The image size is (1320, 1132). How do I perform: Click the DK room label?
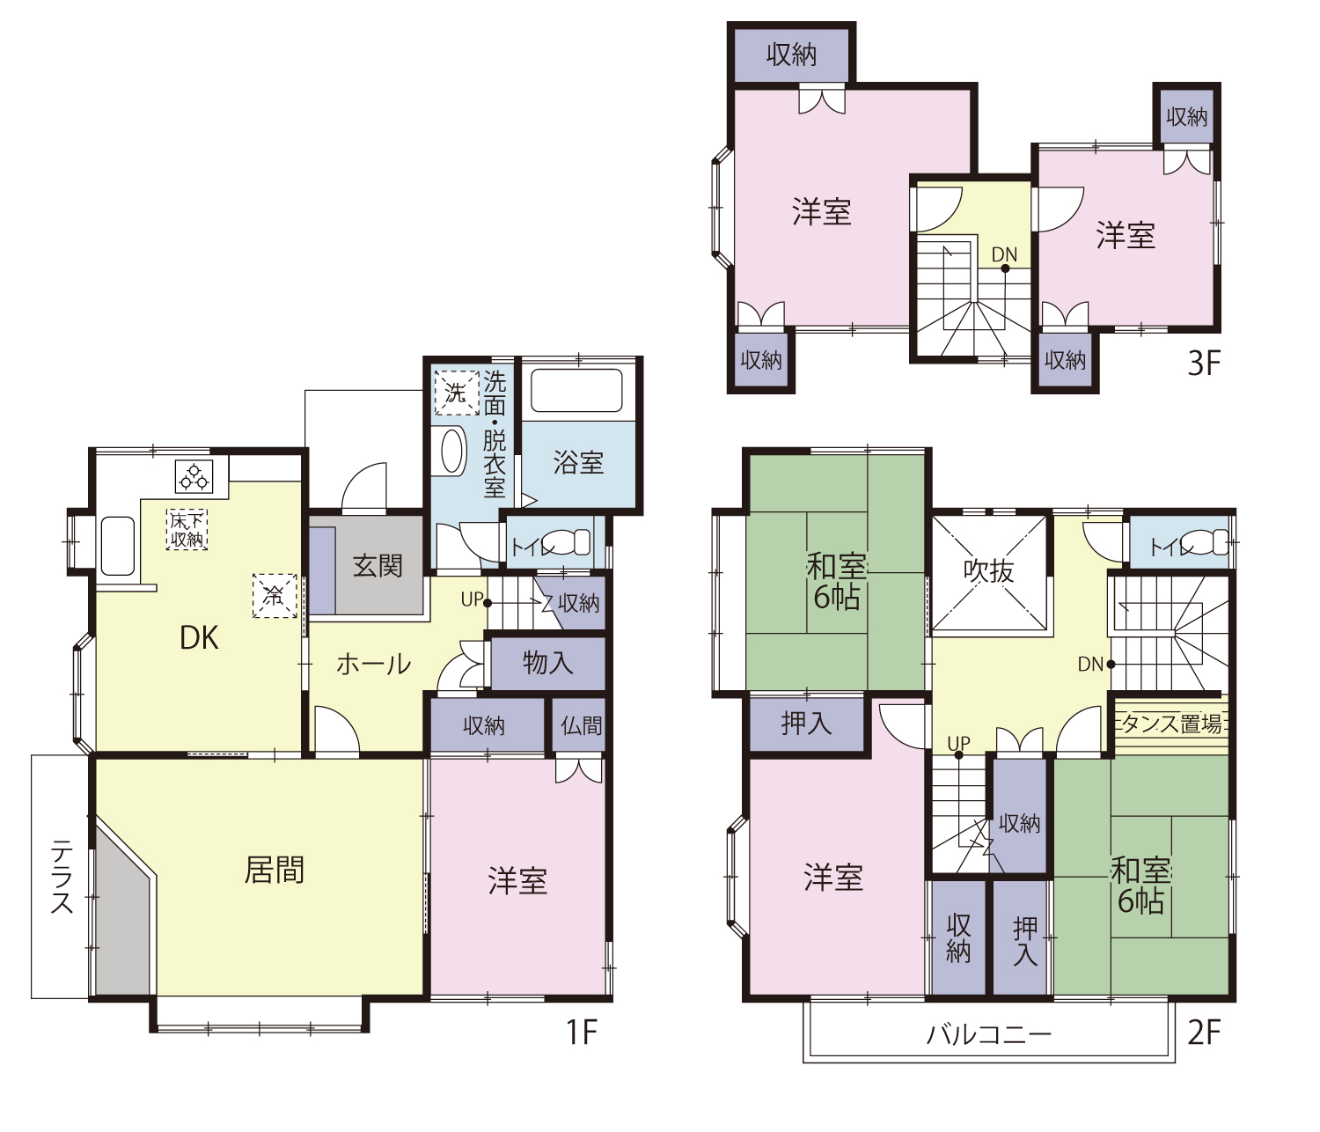(x=199, y=637)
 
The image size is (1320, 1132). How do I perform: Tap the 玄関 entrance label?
(x=378, y=565)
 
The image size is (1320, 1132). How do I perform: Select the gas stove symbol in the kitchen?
(x=194, y=477)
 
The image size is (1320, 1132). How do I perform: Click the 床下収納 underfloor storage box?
(x=187, y=530)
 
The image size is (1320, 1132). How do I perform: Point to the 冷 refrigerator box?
(x=275, y=597)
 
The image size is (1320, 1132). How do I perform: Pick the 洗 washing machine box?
(x=457, y=393)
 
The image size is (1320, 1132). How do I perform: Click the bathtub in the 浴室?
(x=576, y=390)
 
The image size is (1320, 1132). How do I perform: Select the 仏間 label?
(x=581, y=725)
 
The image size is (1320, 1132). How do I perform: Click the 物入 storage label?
(x=547, y=663)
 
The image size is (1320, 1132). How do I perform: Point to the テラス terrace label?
(x=62, y=877)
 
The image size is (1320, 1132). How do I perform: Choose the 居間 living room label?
(x=275, y=870)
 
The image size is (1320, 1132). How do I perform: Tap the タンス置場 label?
(x=1172, y=724)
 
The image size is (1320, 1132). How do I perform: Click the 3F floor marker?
(x=1204, y=364)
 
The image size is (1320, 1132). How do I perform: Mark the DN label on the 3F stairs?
(x=1004, y=254)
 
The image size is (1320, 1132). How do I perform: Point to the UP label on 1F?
(x=472, y=599)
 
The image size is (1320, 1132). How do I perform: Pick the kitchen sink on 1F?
(x=118, y=547)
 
